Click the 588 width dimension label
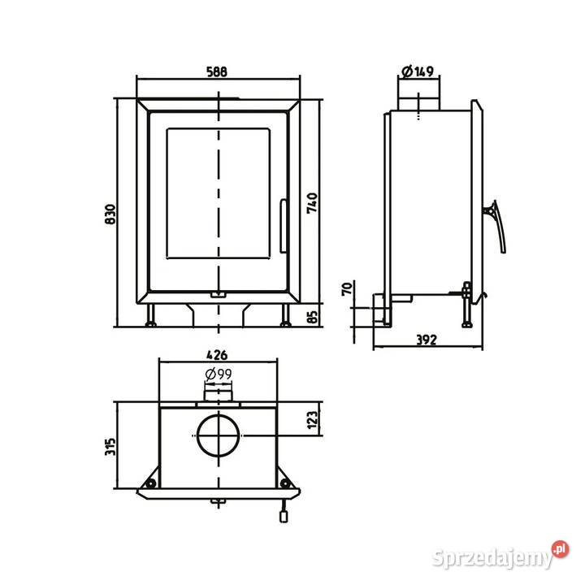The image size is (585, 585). (217, 71)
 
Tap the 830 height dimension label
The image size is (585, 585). (110, 214)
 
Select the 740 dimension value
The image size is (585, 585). (312, 203)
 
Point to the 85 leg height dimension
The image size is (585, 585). (313, 317)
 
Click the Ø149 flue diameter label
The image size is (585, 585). (418, 71)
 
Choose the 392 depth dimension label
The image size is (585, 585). (426, 340)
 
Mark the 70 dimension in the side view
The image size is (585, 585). (347, 289)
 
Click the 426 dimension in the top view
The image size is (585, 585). (217, 355)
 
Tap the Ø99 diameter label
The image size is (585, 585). (219, 374)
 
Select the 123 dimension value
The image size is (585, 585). (312, 420)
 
